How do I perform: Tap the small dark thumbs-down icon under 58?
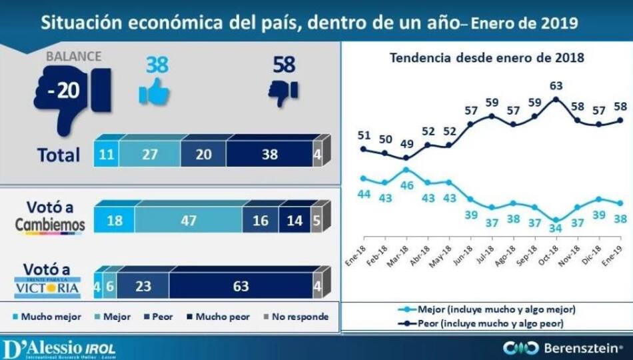tap(283, 91)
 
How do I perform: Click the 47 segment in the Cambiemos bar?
tap(187, 221)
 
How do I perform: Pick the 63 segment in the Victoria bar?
tap(241, 287)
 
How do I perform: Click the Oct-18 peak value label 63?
tap(555, 85)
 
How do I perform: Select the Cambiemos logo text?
tap(51, 225)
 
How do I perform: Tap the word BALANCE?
tap(73, 57)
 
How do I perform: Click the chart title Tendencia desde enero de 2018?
tap(486, 57)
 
